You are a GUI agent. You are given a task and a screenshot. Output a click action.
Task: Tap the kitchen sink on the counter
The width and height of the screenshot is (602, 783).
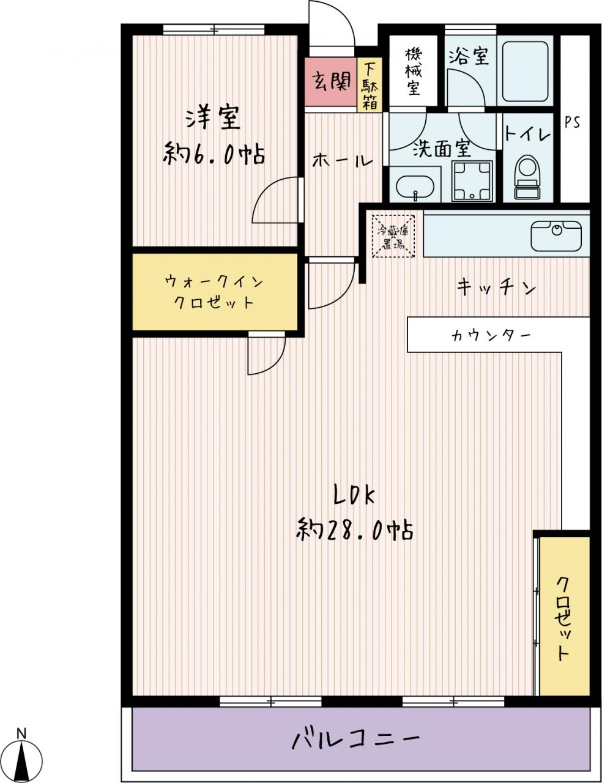pos(557,236)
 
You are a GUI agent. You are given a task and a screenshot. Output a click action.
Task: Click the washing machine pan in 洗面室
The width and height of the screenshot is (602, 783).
pos(472,181)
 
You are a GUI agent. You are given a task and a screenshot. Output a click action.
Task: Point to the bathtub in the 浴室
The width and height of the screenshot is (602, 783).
pos(526,72)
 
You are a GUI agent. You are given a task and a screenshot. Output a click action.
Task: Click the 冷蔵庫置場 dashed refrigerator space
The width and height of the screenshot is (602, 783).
pos(393,236)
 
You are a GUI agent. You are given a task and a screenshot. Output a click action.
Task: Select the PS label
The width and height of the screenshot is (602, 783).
pos(572,122)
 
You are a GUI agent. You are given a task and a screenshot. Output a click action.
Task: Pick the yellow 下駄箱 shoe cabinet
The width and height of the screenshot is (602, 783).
pos(370,86)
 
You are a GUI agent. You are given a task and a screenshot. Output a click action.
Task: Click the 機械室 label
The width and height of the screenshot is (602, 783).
pos(414,72)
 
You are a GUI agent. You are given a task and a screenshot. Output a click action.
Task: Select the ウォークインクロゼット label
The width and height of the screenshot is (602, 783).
pos(214,292)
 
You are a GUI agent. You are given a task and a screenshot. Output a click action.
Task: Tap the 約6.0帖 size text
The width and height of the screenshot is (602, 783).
pos(214,154)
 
